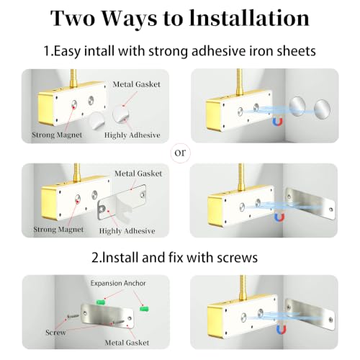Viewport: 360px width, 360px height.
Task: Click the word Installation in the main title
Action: [249, 18]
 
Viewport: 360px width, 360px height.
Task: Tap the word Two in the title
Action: [73, 18]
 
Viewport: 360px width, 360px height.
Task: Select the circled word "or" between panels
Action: [180, 153]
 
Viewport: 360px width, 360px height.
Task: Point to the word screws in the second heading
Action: [237, 258]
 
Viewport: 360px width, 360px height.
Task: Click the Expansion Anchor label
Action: [118, 284]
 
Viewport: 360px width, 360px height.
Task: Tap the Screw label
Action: [55, 333]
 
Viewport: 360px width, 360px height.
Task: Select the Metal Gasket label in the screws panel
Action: [127, 343]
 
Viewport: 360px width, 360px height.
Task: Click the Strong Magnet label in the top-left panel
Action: [57, 135]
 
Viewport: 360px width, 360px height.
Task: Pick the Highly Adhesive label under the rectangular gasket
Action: [127, 231]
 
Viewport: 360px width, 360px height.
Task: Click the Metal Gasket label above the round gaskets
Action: [137, 84]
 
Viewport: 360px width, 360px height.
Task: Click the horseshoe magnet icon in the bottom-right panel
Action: [282, 329]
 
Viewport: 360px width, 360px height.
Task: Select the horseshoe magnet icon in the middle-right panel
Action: [279, 217]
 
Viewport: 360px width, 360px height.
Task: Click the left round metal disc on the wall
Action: [297, 107]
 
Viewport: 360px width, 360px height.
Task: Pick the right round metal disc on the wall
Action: [323, 109]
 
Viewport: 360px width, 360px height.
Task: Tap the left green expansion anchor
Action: [101, 302]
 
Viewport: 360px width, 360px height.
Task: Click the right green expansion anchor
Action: [144, 308]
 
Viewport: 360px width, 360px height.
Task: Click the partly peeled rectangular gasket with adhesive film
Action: [122, 203]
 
